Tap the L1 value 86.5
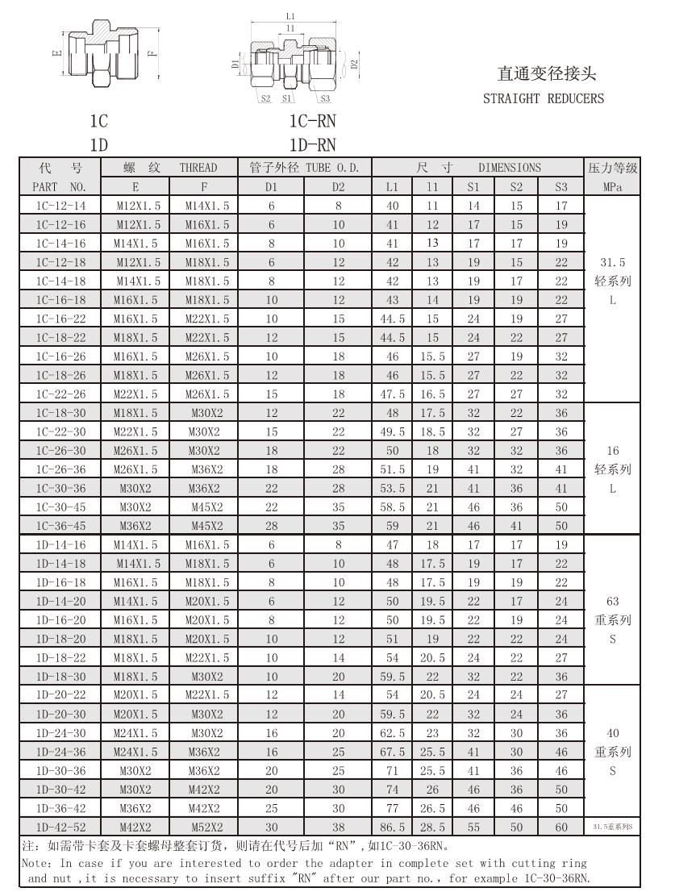click(x=392, y=827)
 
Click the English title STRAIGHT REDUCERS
click(x=543, y=99)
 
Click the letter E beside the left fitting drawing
click(x=55, y=54)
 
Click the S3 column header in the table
click(x=561, y=187)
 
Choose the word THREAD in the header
click(x=198, y=168)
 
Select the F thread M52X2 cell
click(x=207, y=827)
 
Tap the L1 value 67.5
click(x=392, y=752)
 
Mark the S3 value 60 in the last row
click(x=561, y=827)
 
